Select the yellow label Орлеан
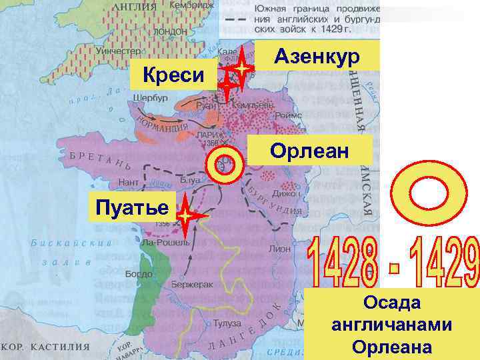309,151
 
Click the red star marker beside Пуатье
187,217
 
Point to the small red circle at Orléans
224,165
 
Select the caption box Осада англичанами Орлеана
392,325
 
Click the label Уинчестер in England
117,51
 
